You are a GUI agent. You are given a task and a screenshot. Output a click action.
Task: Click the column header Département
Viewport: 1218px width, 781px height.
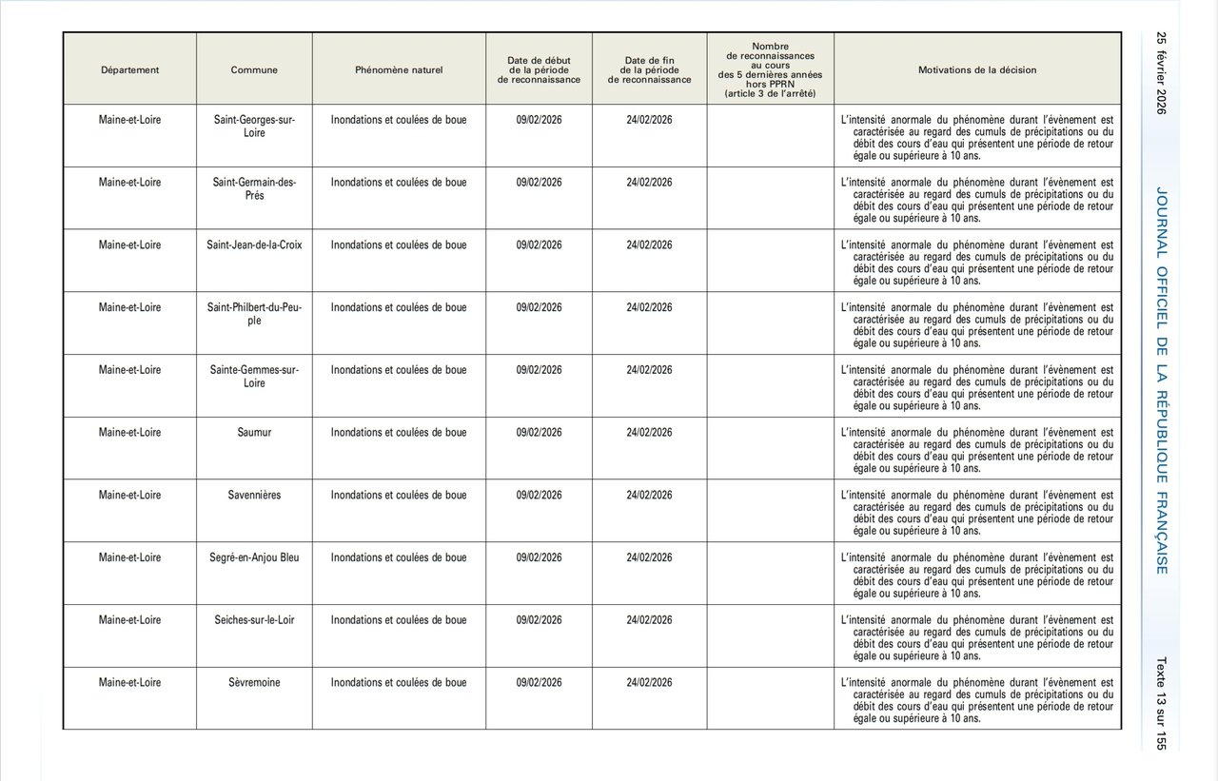tap(129, 69)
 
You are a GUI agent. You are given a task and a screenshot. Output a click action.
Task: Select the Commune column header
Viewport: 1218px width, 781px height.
tap(254, 69)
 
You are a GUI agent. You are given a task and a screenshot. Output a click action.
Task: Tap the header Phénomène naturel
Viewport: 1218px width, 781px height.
tap(399, 69)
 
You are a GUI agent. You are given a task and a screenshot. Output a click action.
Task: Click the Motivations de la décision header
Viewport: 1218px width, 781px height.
tap(977, 69)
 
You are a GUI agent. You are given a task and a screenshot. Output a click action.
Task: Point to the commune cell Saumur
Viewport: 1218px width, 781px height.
tap(254, 433)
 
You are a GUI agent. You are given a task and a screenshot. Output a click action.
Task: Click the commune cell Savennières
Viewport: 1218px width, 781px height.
tap(254, 496)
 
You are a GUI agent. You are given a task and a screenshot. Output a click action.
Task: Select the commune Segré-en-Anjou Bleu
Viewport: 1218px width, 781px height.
tap(254, 557)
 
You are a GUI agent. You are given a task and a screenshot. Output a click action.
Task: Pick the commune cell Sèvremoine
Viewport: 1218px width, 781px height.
tap(254, 683)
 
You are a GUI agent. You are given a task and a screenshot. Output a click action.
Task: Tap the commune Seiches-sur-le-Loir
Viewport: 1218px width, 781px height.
tap(254, 620)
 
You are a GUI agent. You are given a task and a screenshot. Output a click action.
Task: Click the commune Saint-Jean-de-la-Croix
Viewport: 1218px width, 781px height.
tap(254, 245)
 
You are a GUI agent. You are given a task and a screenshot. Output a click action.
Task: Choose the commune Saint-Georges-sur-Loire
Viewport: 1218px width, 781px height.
tap(254, 127)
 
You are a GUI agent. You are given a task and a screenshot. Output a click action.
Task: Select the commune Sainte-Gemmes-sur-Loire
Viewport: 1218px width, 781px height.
tap(254, 377)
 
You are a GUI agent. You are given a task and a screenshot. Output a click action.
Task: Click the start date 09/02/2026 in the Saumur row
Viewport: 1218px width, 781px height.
tap(539, 433)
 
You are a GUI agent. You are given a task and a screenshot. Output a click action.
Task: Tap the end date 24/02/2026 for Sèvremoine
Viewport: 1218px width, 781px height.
tap(649, 683)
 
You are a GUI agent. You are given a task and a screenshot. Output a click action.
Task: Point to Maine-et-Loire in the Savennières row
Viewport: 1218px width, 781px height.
tap(129, 496)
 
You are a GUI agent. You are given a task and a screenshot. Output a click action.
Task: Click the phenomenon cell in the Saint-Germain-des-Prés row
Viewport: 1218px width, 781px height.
tap(399, 183)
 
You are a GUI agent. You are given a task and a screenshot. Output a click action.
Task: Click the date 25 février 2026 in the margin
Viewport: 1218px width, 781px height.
tap(1161, 73)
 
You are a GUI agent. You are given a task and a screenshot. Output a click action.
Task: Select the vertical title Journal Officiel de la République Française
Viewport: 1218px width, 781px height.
tap(1162, 381)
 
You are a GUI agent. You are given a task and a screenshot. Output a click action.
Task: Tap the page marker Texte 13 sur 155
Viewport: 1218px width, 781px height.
tap(1161, 703)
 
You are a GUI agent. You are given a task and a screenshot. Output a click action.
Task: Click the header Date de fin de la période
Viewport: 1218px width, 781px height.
tap(649, 69)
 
